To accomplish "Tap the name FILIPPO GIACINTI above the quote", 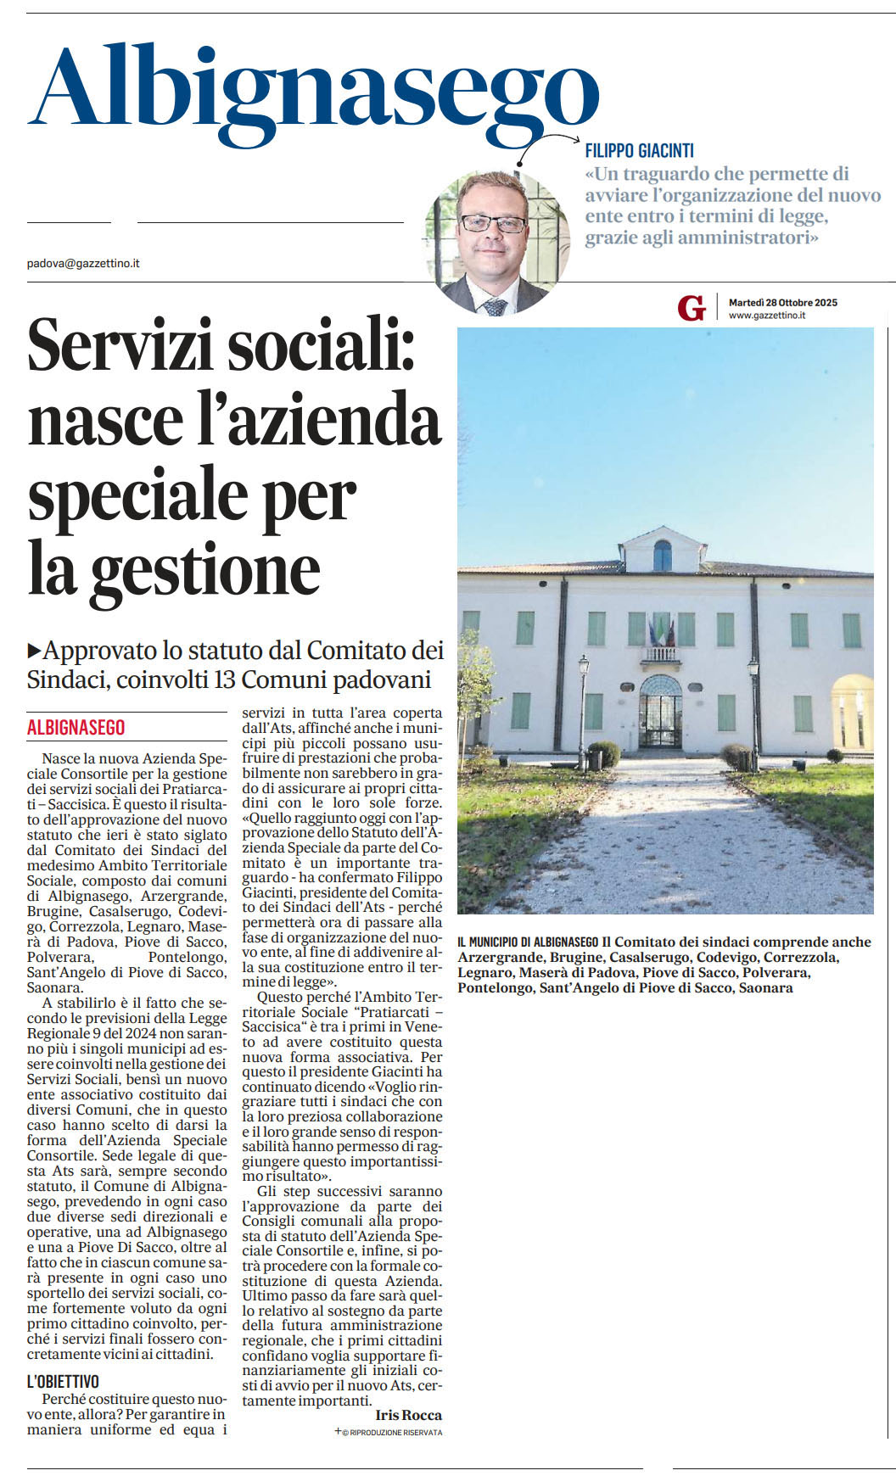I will pos(639,151).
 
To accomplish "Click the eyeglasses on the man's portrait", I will pos(493,224).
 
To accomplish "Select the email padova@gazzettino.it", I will pos(83,264).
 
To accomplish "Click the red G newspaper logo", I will pos(692,308).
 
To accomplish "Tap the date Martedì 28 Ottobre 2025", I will pos(782,303).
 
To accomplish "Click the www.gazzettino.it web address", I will pos(766,316).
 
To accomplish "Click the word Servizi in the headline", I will pos(119,345).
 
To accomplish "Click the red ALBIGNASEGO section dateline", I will pos(76,728).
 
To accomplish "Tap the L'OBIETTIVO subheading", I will pos(63,1382).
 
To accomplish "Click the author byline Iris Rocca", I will pos(408,1415).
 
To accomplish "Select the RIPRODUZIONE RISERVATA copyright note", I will pos(392,1433).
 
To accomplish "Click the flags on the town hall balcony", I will pos(661,631).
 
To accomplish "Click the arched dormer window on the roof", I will pos(662,556).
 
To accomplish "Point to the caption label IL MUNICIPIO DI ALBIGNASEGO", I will pos(528,942).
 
